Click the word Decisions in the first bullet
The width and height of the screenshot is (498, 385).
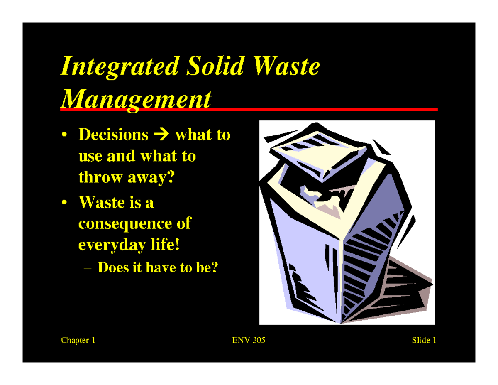pos(113,135)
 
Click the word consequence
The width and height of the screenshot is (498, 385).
pos(127,223)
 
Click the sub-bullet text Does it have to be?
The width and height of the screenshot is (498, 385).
pos(157,267)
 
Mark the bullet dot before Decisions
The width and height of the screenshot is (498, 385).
pos(64,135)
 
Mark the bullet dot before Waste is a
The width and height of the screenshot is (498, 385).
pos(64,204)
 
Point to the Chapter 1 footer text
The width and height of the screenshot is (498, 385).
pos(78,341)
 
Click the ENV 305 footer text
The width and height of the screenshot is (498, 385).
pos(249,341)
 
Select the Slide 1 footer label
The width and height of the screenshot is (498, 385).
pos(423,341)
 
